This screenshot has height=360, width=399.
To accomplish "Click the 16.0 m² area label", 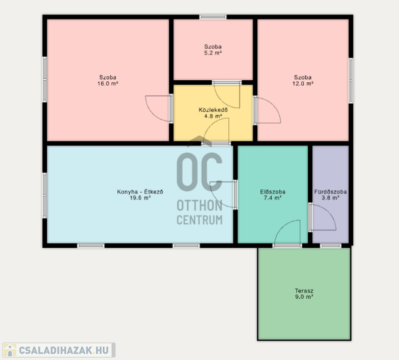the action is click(108, 83).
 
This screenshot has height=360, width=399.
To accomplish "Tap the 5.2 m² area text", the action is click(213, 53).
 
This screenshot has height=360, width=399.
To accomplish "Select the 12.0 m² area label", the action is click(303, 83).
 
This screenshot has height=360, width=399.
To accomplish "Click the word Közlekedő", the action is click(213, 110).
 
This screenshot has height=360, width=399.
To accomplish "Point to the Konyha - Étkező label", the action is click(140, 191).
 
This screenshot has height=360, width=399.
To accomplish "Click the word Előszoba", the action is click(272, 191).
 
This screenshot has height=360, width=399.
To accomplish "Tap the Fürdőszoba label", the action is click(330, 191).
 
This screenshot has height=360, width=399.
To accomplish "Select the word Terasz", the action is click(304, 291).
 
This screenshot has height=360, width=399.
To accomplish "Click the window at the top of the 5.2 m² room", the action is click(213, 17).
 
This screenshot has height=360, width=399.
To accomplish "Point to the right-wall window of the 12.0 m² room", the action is click(351, 81).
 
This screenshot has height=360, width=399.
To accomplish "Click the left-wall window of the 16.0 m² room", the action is click(44, 79).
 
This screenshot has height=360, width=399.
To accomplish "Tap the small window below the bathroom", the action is click(330, 245).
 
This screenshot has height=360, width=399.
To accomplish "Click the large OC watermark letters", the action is click(199, 172).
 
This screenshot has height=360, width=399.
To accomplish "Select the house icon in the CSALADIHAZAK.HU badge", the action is click(10, 350).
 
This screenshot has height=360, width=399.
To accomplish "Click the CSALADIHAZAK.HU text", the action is click(64, 350).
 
